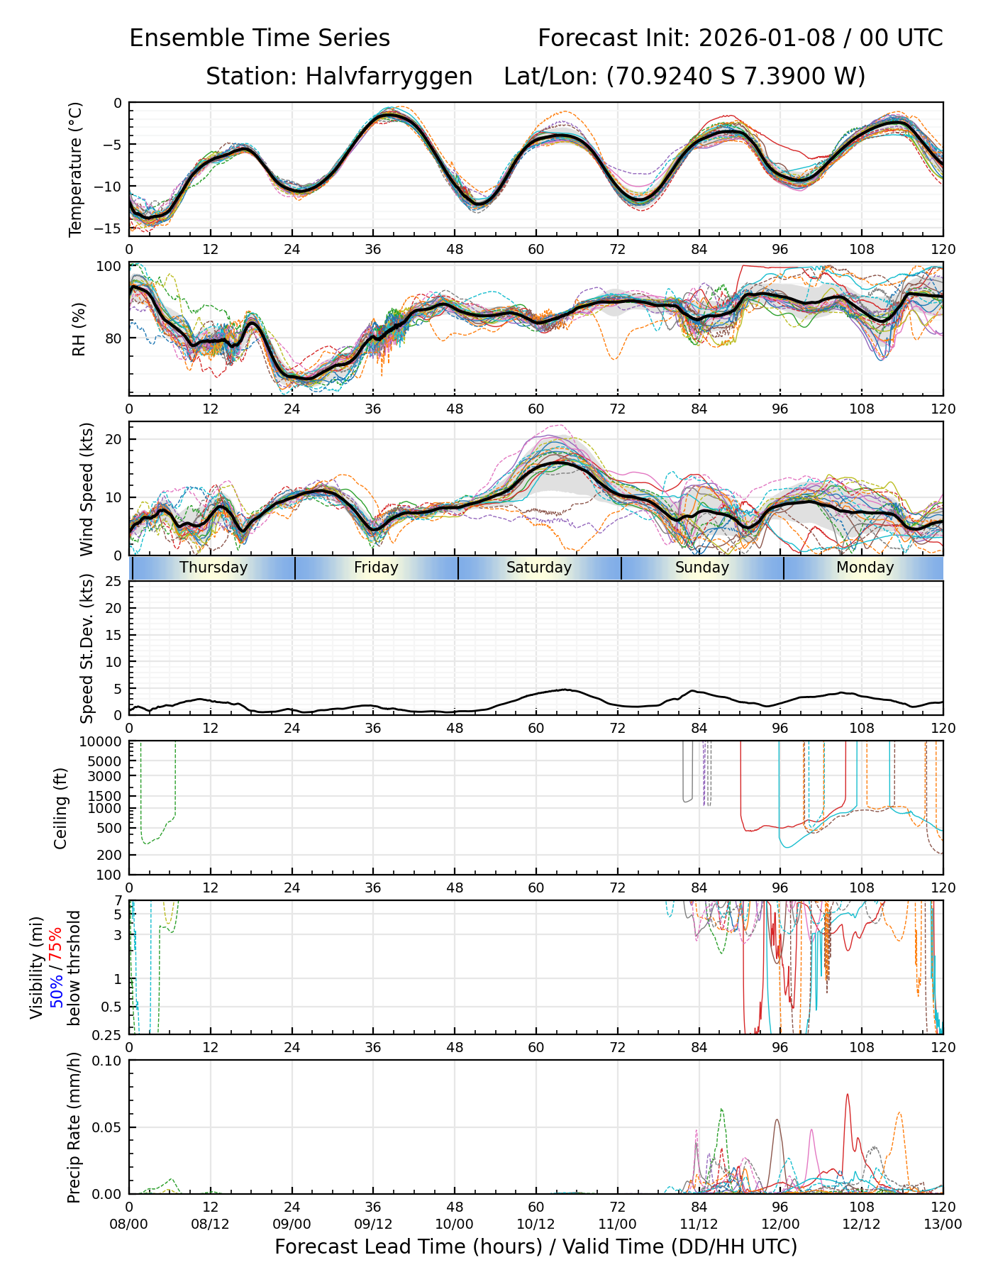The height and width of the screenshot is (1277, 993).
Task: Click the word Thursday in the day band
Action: (213, 568)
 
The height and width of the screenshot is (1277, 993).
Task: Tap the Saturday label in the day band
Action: (539, 568)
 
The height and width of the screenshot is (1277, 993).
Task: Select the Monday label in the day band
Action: (865, 568)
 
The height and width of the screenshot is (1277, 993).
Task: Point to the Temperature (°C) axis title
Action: (76, 169)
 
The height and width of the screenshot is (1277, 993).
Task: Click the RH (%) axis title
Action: (78, 329)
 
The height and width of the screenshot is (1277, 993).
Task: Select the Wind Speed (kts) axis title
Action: (87, 489)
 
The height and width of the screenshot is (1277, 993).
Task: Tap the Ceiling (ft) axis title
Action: (61, 808)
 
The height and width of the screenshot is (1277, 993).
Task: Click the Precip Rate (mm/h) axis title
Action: (74, 1127)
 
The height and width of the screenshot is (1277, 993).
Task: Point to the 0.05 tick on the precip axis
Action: (107, 1127)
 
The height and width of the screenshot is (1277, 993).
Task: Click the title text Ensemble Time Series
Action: (260, 38)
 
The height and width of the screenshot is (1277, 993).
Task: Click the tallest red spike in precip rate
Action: (847, 1095)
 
